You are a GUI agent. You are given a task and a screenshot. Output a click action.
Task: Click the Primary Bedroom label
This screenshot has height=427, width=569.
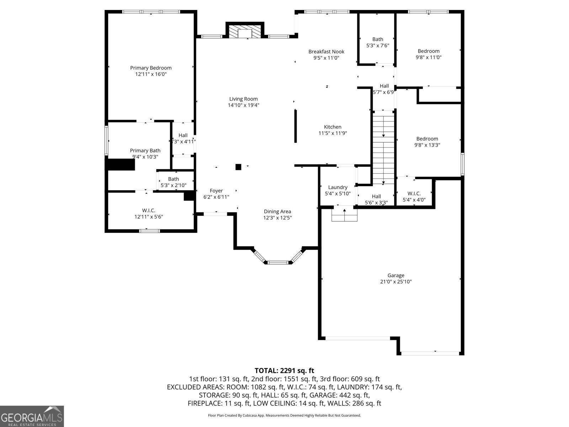151,68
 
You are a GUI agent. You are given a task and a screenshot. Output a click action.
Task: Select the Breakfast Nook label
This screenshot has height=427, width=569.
326,52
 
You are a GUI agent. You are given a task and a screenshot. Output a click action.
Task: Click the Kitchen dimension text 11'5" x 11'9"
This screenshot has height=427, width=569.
333,133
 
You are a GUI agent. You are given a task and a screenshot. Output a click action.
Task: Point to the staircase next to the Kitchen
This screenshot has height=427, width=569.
383,148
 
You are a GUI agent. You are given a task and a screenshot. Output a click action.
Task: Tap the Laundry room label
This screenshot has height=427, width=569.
337,187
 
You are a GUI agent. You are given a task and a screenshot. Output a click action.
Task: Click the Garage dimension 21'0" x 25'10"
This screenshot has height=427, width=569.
396,281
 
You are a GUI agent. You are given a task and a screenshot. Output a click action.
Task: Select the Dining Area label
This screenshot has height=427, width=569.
277,211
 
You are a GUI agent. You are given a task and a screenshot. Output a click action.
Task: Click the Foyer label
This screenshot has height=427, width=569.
216,191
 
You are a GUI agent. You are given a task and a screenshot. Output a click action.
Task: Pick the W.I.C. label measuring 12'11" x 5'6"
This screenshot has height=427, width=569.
149,210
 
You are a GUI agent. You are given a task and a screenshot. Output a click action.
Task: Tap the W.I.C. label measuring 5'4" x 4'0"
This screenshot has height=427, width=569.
414,194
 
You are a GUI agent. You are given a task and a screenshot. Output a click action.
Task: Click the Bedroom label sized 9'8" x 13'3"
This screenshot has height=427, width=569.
427,139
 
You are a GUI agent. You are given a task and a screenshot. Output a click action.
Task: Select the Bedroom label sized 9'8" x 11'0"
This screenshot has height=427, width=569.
429,51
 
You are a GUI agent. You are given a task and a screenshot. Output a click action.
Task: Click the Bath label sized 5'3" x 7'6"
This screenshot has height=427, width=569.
378,39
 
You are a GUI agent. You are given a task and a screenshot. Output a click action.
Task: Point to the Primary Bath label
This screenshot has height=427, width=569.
145,151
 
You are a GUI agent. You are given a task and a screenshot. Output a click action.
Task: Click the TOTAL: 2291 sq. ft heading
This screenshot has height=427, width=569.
284,370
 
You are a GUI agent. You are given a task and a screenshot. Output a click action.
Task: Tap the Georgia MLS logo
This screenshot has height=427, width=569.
32,416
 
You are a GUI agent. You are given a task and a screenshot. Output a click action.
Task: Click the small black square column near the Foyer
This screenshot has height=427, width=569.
238,167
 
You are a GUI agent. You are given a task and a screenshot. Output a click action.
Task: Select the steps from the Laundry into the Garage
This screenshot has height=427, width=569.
344,215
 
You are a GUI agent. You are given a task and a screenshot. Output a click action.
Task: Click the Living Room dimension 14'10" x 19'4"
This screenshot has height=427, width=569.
243,105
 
